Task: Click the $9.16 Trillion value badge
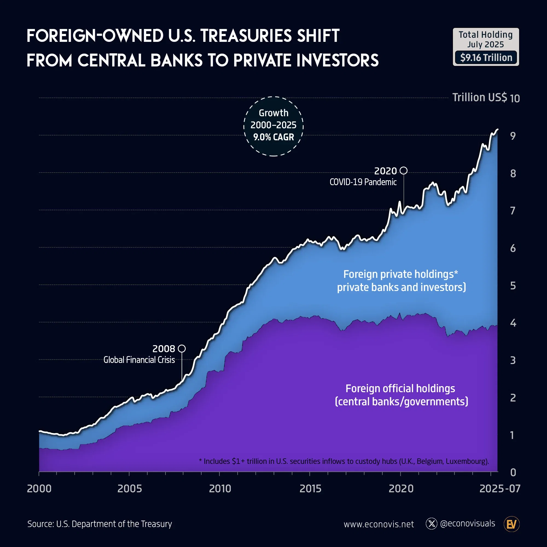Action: pyautogui.click(x=486, y=58)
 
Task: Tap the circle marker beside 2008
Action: pyautogui.click(x=182, y=348)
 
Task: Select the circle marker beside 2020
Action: pyautogui.click(x=404, y=170)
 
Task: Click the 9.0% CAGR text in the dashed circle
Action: pyautogui.click(x=273, y=137)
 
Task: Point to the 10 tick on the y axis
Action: pyautogui.click(x=515, y=98)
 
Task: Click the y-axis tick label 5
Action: pyautogui.click(x=513, y=286)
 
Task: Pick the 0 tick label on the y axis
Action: pyautogui.click(x=513, y=472)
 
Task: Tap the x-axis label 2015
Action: pyautogui.click(x=310, y=489)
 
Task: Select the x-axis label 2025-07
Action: pyautogui.click(x=500, y=489)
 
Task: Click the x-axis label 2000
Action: pyautogui.click(x=39, y=489)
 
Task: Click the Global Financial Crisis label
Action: pyautogui.click(x=139, y=360)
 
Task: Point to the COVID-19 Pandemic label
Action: pyautogui.click(x=363, y=182)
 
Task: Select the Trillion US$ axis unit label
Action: pyautogui.click(x=479, y=97)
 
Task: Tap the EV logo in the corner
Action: pyautogui.click(x=512, y=524)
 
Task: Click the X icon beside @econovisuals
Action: pyautogui.click(x=432, y=524)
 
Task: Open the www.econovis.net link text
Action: pyautogui.click(x=379, y=524)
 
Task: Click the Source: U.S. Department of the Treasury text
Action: pyautogui.click(x=100, y=524)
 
